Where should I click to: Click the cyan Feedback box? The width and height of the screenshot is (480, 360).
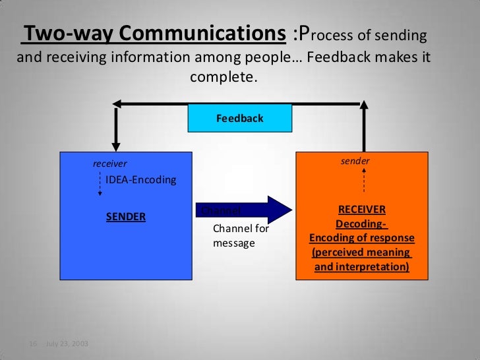tap(239, 119)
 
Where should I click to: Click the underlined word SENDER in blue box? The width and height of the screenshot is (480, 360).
tap(126, 216)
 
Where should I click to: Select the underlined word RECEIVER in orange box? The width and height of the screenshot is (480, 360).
tap(361, 210)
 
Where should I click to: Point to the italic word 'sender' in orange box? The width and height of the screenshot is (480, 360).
tap(355, 161)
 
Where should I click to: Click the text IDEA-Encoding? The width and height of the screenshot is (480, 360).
tap(141, 179)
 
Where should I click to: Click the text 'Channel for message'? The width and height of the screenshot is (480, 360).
tap(241, 236)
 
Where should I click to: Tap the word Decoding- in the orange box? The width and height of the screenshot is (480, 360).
tap(361, 224)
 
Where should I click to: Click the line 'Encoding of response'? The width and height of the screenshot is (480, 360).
tap(361, 238)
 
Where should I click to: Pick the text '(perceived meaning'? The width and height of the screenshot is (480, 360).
tap(361, 253)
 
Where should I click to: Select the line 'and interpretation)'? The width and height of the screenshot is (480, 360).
tap(361, 267)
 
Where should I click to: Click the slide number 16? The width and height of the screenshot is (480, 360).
tap(31, 344)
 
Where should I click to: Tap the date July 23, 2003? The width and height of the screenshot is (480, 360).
tap(67, 344)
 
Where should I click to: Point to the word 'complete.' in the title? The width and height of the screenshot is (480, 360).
tap(222, 77)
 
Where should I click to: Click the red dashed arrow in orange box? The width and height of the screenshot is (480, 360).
tap(364, 178)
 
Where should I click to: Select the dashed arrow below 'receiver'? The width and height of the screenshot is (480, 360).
tap(100, 185)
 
